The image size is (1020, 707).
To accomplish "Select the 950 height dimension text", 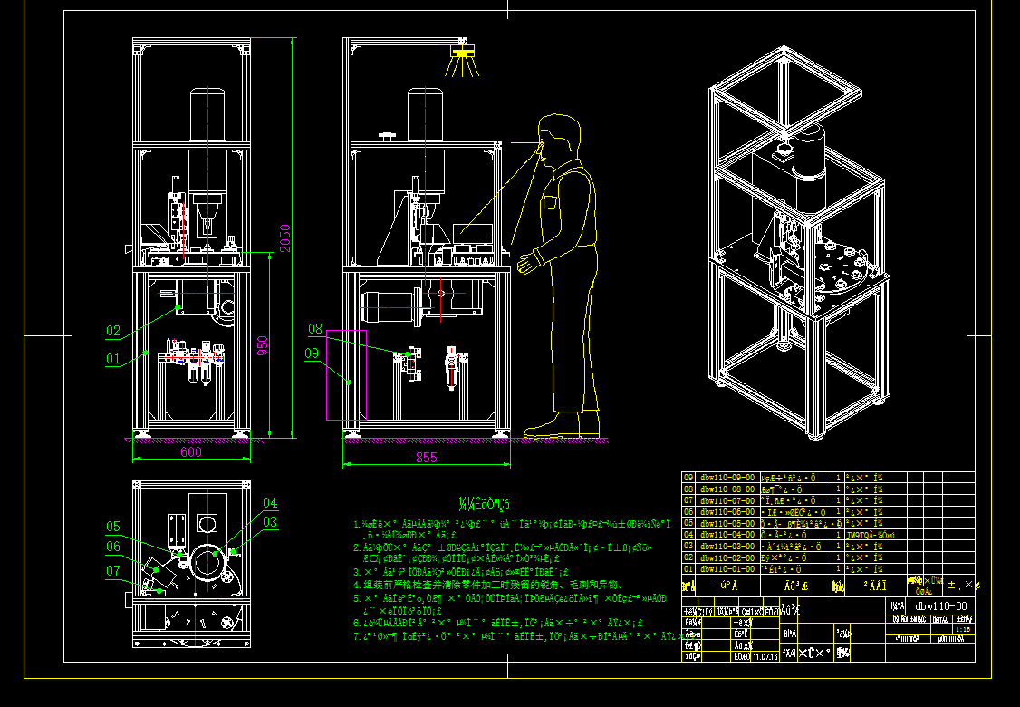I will click(263, 346).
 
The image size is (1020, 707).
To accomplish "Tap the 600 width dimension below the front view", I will click(190, 452).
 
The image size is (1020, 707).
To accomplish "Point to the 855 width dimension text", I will click(426, 458).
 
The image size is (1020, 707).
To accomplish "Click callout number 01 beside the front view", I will click(112, 359).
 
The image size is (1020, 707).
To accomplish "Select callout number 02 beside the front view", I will click(113, 331).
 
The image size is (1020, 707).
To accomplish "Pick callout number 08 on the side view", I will click(315, 329).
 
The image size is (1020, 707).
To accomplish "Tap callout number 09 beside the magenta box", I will click(312, 354).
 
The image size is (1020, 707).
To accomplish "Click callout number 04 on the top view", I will click(270, 503).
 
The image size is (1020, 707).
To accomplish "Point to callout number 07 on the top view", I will click(113, 570).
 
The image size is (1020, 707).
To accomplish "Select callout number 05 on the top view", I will click(113, 527).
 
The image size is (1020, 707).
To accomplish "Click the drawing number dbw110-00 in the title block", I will click(941, 606).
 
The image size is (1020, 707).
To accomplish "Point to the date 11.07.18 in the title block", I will click(765, 655).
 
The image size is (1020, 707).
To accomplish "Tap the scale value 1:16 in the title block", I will click(964, 628).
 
